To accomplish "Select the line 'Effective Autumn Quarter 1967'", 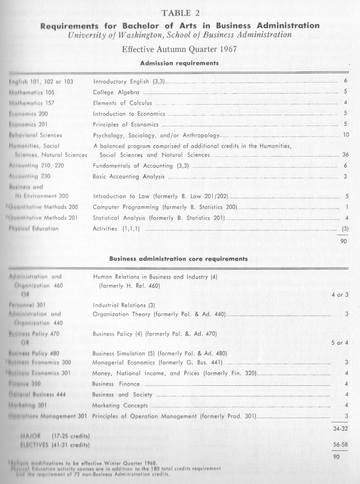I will click(x=180, y=49).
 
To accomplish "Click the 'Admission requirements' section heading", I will click(x=180, y=63).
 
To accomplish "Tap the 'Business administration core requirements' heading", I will click(x=179, y=258).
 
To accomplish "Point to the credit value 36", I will click(x=345, y=155).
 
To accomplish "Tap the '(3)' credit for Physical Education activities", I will click(x=345, y=228).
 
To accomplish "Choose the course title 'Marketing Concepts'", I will click(x=120, y=405).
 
